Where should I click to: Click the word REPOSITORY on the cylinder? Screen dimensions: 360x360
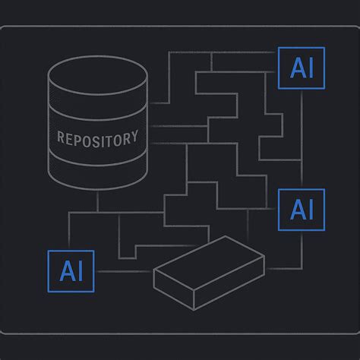click(x=98, y=138)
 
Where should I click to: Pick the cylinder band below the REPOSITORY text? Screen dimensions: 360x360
click(x=97, y=169)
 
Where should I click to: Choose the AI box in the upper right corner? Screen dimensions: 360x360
click(x=302, y=68)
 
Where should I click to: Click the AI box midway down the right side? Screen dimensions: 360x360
click(x=302, y=210)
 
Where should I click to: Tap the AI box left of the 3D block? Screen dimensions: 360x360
click(x=71, y=270)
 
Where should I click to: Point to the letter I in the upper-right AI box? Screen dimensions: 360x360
click(x=313, y=68)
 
